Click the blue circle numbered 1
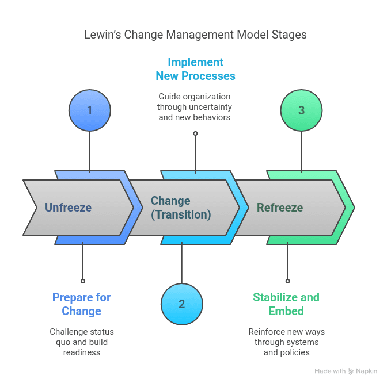pyautogui.click(x=89, y=110)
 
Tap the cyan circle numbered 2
pyautogui.click(x=181, y=304)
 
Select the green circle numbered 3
pyautogui.click(x=301, y=110)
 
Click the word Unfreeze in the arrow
pyautogui.click(x=68, y=208)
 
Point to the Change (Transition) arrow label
pyautogui.click(x=181, y=208)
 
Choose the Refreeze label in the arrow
pyautogui.click(x=280, y=208)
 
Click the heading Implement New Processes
pyautogui.click(x=195, y=69)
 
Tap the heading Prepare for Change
pyautogui.click(x=81, y=304)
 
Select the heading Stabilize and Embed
pyautogui.click(x=286, y=304)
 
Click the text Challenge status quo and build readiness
pyautogui.click(x=82, y=342)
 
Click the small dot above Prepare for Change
pyautogui.click(x=83, y=281)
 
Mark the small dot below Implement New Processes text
pyautogui.click(x=195, y=133)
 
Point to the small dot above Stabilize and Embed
pyautogui.click(x=288, y=281)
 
